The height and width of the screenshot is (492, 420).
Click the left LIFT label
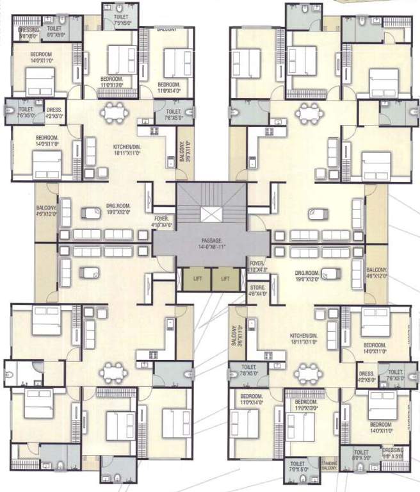pyautogui.click(x=197, y=279)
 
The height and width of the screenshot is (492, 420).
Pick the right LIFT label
pyautogui.click(x=224, y=279)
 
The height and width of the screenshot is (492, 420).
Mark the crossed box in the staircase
pyautogui.click(x=211, y=215)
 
